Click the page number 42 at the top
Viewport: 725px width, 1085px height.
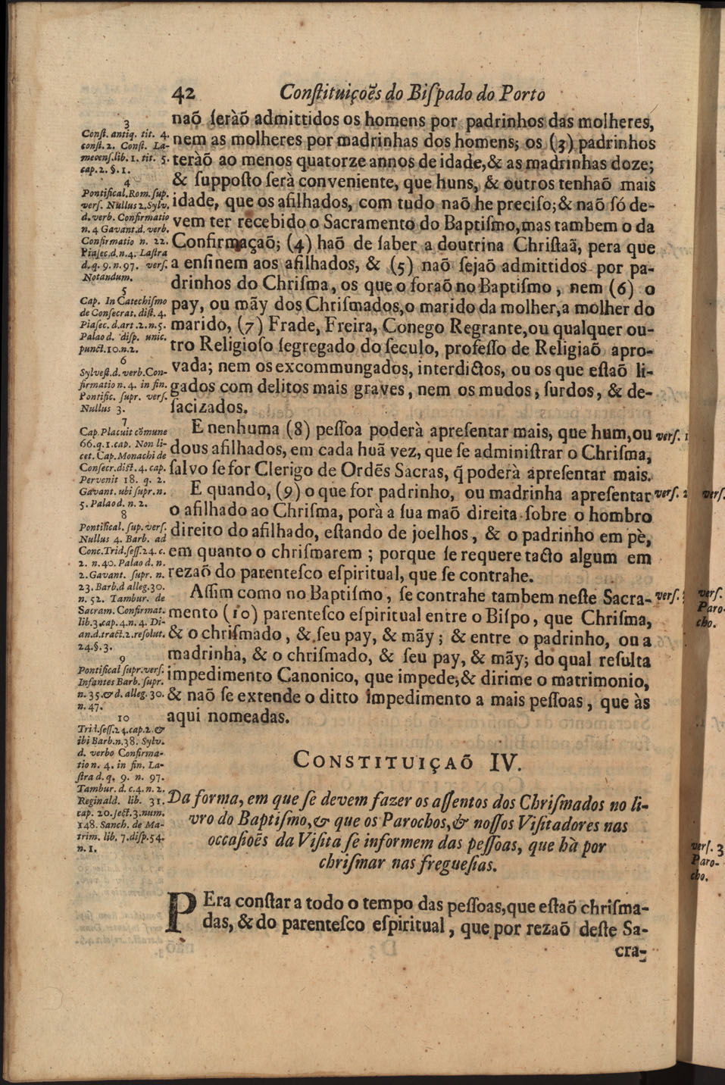(x=184, y=92)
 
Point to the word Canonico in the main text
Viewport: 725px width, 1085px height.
(x=281, y=674)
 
